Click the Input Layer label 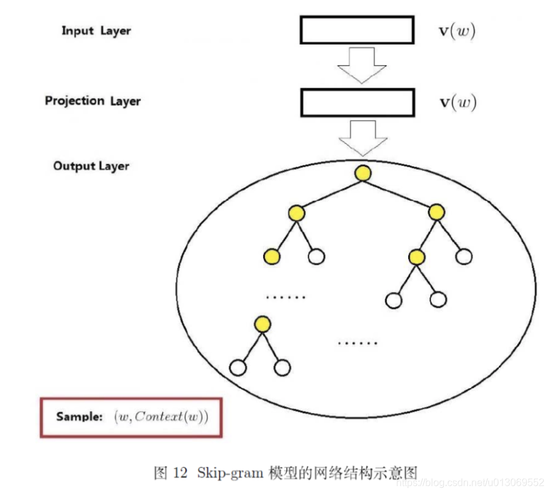pos(96,30)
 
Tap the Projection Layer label pos(93,101)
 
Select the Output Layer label pos(91,166)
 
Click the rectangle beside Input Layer pos(356,30)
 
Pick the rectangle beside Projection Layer pos(358,102)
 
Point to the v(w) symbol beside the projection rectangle pos(458,102)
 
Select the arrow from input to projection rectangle pos(362,64)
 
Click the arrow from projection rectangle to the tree pos(363,138)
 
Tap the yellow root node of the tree pos(363,172)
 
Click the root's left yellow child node pos(297,213)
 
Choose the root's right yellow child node pos(436,212)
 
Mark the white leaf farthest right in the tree pos(464,256)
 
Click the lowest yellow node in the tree pos(262,325)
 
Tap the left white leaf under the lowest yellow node pos(238,366)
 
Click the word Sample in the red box pos(79,417)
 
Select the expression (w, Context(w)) pos(161,417)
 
